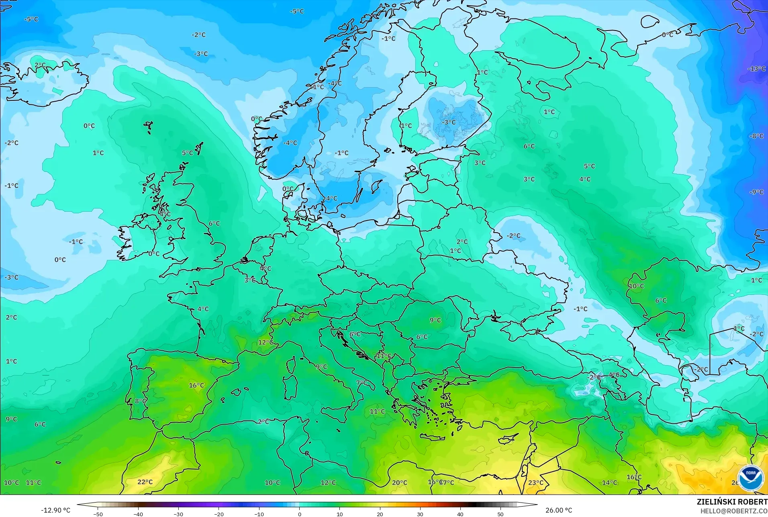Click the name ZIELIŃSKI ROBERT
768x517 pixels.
(732, 502)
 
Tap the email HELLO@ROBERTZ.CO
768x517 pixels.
(734, 511)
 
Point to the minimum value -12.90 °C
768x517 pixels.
(55, 510)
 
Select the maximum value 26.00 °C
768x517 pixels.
(558, 510)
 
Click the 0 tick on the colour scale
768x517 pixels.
(299, 514)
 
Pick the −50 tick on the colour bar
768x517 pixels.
(98, 514)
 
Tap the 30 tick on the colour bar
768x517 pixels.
(420, 514)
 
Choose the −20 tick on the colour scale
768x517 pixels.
(219, 514)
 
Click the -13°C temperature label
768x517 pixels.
(756, 69)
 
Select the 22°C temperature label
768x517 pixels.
(145, 482)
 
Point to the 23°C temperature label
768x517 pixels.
(535, 482)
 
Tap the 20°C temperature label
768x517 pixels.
(399, 482)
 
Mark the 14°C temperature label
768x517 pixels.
(609, 482)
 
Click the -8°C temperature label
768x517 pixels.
(756, 136)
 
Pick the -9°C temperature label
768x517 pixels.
(756, 192)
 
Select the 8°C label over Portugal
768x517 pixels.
(141, 401)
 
